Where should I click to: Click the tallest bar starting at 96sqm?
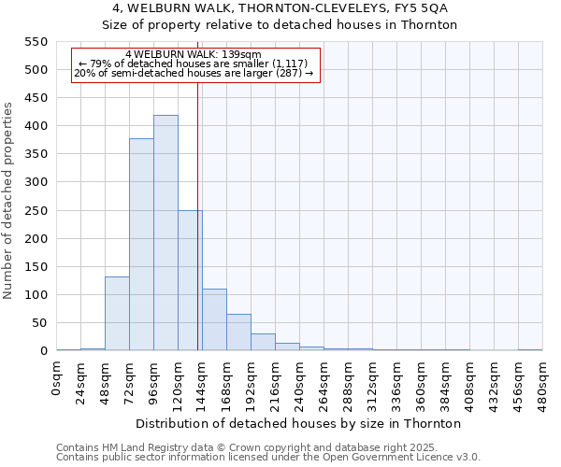click(x=165, y=233)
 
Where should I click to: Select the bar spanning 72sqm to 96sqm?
click(x=141, y=245)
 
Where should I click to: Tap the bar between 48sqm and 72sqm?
click(x=117, y=314)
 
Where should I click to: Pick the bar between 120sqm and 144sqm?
click(x=190, y=280)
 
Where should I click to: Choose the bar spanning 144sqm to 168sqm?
click(x=214, y=320)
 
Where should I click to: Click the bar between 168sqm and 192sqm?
click(x=238, y=333)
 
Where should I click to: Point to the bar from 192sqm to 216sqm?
click(x=263, y=342)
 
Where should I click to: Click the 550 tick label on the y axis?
click(x=36, y=42)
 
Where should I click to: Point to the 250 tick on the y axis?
click(x=36, y=210)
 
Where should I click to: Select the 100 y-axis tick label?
click(x=36, y=295)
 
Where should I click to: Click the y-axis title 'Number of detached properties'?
click(x=9, y=200)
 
